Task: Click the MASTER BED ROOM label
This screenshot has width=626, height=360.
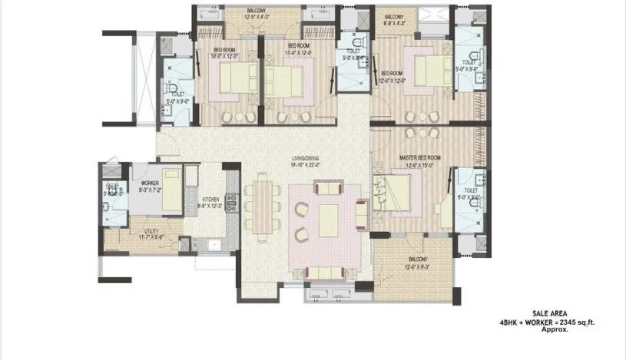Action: pos(419,157)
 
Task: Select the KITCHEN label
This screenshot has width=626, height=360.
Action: pos(210,199)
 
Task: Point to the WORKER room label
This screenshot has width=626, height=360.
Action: pos(150,183)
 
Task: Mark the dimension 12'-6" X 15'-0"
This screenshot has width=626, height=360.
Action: pos(419,164)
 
